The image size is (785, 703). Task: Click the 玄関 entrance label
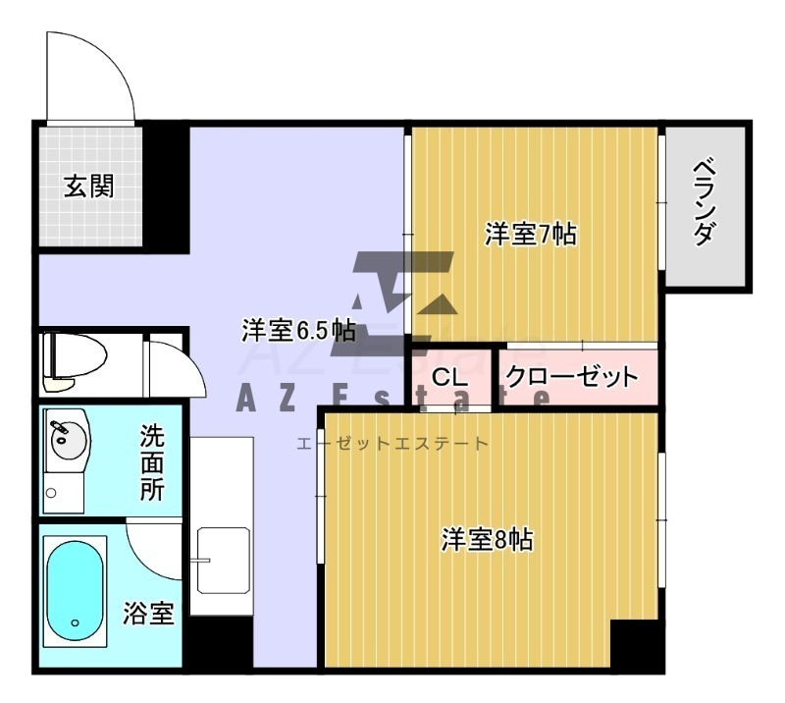click(88, 187)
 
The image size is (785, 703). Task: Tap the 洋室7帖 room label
click(531, 234)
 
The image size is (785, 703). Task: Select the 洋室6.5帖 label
click(299, 330)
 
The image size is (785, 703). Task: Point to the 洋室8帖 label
click(487, 540)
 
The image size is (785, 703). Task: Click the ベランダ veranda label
click(705, 202)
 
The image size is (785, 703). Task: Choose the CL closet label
click(449, 377)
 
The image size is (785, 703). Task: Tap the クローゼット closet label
click(572, 377)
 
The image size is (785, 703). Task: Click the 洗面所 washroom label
click(152, 462)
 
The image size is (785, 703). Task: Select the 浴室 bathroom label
click(149, 613)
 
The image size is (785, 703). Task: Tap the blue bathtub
click(76, 590)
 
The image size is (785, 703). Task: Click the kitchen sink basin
click(224, 561)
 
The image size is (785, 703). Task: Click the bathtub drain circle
click(76, 622)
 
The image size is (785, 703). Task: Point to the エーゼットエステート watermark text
click(392, 444)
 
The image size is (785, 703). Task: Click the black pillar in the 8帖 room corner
click(636, 643)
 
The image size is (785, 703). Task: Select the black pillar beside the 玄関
click(166, 188)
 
